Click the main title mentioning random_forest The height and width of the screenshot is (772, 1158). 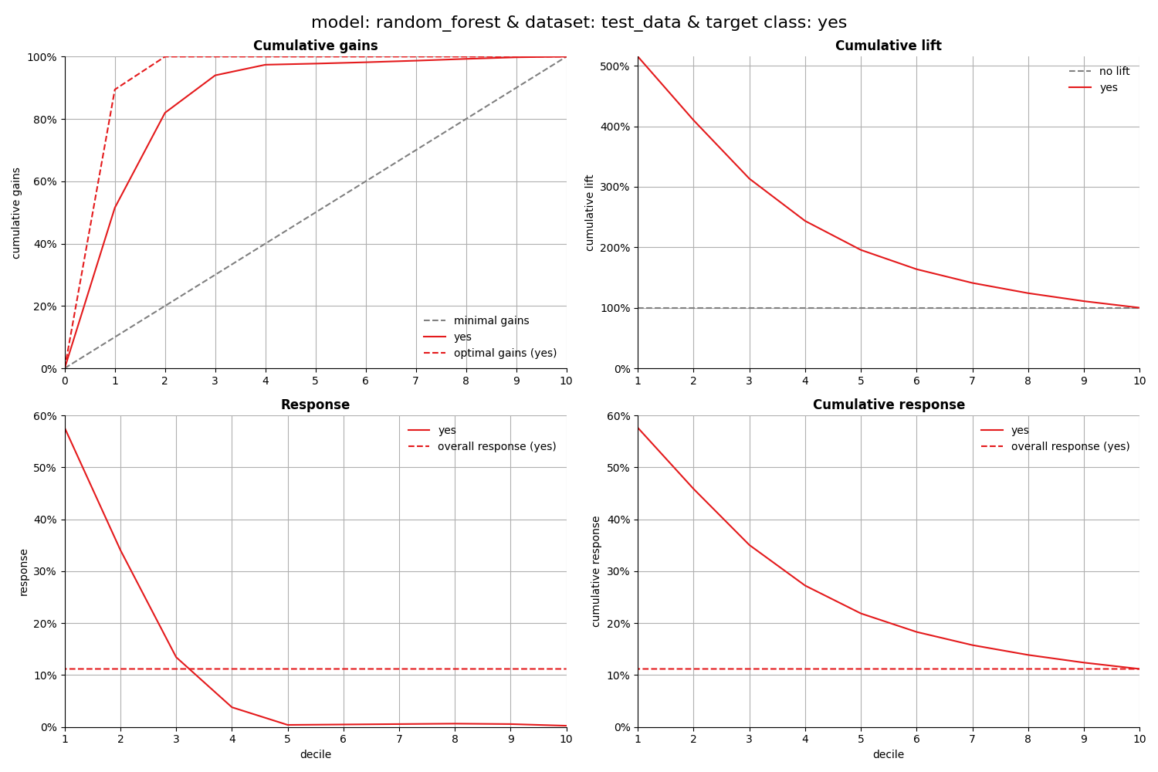[579, 23]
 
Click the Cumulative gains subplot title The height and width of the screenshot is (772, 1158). [315, 46]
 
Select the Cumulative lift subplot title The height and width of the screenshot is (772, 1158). [888, 46]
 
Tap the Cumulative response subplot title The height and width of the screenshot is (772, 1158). [888, 405]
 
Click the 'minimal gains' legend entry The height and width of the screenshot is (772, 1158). [491, 321]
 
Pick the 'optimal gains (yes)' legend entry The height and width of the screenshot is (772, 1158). [505, 354]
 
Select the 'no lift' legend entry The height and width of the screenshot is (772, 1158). [1114, 72]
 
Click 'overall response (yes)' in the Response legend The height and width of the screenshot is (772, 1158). [496, 447]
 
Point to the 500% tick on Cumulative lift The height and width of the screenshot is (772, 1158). [615, 66]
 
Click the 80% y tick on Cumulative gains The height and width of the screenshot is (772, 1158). [42, 120]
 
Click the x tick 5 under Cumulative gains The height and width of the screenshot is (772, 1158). [315, 381]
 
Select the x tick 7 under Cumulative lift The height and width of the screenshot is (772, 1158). [972, 381]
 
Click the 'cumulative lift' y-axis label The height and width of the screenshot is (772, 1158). [590, 212]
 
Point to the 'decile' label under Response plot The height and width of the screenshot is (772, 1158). [315, 755]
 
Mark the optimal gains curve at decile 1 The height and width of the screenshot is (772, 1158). [115, 89]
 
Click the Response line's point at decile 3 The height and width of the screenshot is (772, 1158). [176, 657]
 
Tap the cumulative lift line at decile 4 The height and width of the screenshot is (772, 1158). [805, 221]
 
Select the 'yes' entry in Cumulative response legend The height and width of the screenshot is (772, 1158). [1020, 431]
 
